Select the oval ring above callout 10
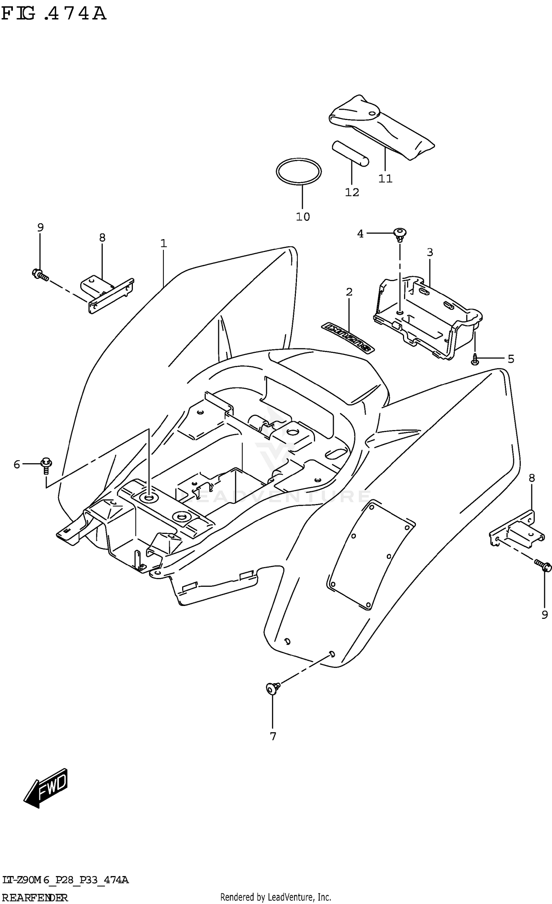coord(298,171)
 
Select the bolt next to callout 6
coord(46,465)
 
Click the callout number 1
coord(163,243)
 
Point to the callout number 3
coord(429,252)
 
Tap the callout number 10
coord(303,217)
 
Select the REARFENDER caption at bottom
coord(35,897)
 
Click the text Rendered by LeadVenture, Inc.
coord(276,897)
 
